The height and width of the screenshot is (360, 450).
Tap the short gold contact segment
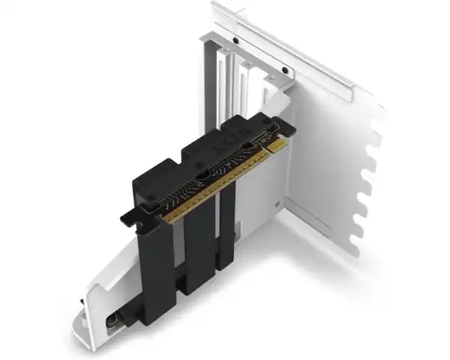[x=277, y=145]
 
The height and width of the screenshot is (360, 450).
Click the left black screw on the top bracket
[x=235, y=40]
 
